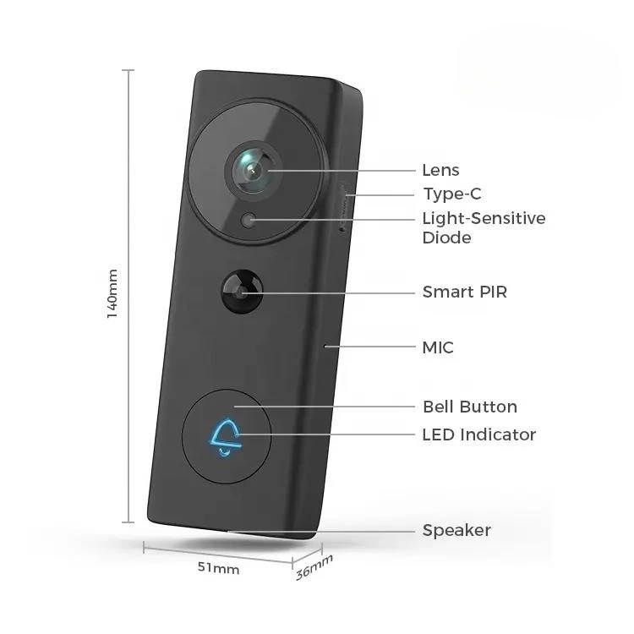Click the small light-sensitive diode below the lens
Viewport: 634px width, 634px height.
249,221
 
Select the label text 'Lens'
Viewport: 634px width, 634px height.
440,171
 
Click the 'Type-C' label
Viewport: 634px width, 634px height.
451,194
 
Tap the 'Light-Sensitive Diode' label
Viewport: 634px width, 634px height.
484,227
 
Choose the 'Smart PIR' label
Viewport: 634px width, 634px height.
464,292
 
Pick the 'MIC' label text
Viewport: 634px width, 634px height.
438,347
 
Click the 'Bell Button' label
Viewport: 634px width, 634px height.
469,407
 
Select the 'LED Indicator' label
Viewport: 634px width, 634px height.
478,435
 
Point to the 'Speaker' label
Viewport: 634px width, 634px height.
456,531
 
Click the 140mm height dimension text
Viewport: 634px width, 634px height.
112,293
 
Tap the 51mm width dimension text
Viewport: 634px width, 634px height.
218,569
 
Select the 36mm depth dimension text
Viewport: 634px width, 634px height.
314,567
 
